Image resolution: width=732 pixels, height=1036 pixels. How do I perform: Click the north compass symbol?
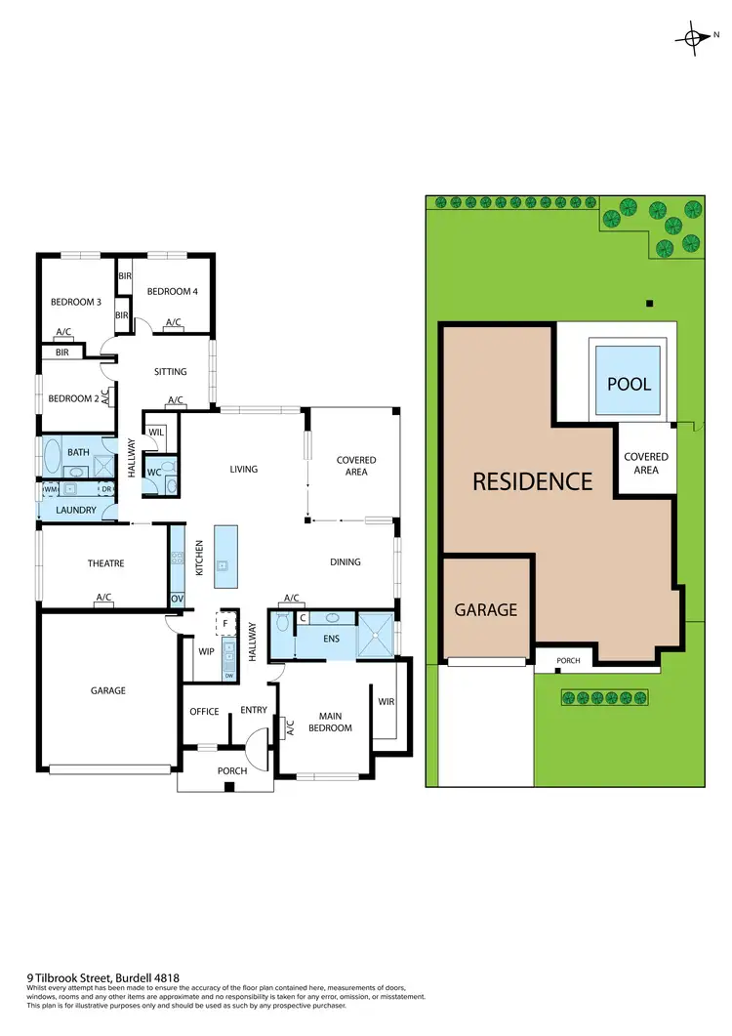pyautogui.click(x=694, y=38)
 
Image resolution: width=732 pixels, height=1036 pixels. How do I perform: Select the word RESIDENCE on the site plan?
pyautogui.click(x=533, y=481)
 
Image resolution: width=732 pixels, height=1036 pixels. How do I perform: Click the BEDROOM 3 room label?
pyautogui.click(x=76, y=303)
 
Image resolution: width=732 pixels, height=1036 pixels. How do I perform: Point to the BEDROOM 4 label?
pyautogui.click(x=172, y=292)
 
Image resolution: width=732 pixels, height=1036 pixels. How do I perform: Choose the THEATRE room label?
pyautogui.click(x=105, y=563)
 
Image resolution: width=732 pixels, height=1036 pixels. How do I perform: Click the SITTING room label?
pyautogui.click(x=170, y=372)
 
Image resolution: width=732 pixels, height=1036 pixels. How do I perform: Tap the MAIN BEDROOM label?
pyautogui.click(x=330, y=721)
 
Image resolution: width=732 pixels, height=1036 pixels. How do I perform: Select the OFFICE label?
pyautogui.click(x=204, y=711)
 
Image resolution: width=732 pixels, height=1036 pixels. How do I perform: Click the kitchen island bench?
pyautogui.click(x=224, y=557)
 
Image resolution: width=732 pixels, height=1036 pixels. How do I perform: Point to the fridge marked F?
pyautogui.click(x=225, y=622)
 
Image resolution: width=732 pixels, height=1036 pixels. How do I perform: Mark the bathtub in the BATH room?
pyautogui.click(x=51, y=454)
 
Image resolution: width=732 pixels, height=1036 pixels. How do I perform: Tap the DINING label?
pyautogui.click(x=346, y=562)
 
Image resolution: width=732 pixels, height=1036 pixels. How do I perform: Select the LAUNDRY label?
pyautogui.click(x=74, y=510)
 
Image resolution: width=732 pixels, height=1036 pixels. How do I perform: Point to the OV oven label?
pyautogui.click(x=177, y=598)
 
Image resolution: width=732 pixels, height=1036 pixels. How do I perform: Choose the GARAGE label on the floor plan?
pyautogui.click(x=108, y=690)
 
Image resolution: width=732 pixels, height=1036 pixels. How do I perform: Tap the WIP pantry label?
pyautogui.click(x=206, y=650)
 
